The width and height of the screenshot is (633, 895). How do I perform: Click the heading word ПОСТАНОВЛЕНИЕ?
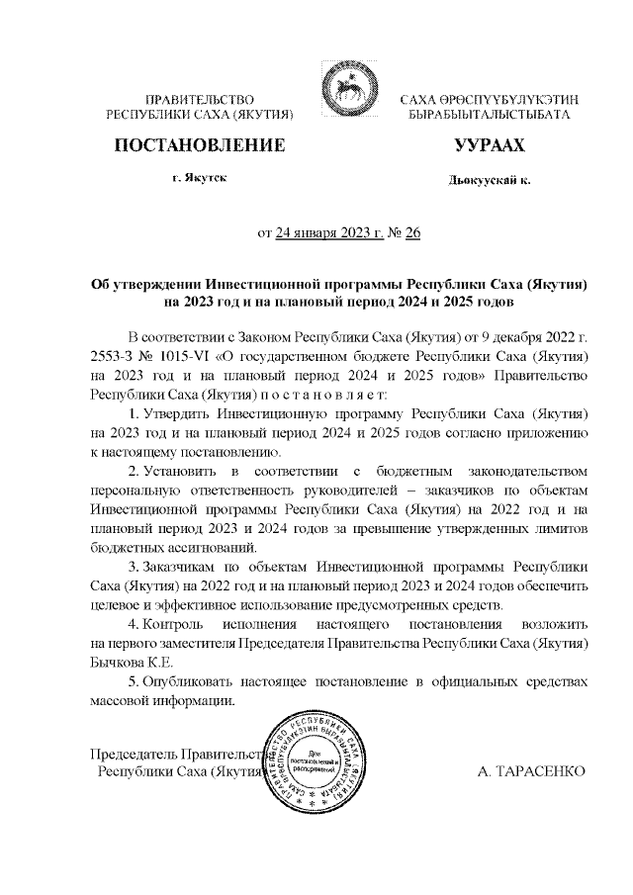coord(201,146)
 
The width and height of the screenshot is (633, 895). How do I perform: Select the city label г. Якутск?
coord(199,181)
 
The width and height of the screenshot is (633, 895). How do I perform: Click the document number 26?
coord(412,233)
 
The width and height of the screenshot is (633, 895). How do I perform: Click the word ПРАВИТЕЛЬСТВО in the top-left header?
coord(201,101)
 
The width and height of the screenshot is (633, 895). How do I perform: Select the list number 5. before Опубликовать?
coord(135,682)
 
